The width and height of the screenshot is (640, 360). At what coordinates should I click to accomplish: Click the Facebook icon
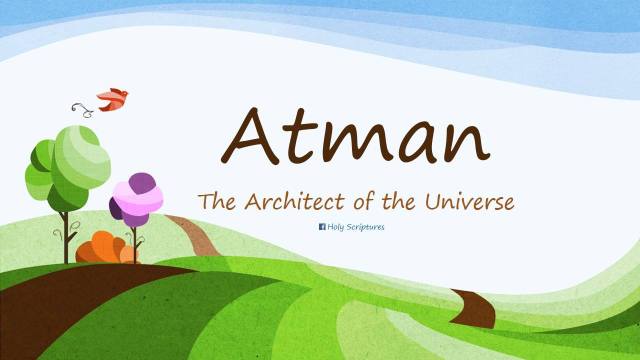[x=322, y=227]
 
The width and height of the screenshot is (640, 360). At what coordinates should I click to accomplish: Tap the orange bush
[x=100, y=247]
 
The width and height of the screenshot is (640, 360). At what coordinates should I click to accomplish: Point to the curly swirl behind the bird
[x=79, y=107]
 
